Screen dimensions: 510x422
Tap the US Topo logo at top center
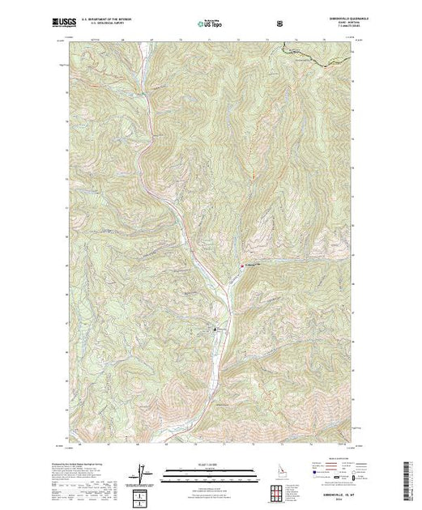click(x=210, y=23)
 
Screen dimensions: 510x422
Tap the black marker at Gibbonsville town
click(x=215, y=329)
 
